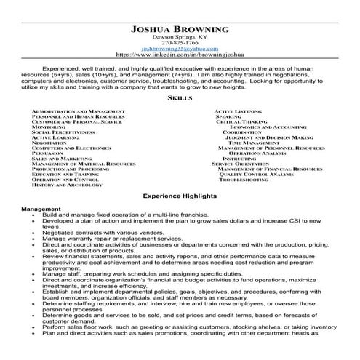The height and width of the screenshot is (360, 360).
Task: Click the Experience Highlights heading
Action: tap(179, 196)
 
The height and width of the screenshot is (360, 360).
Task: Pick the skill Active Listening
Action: tap(238, 111)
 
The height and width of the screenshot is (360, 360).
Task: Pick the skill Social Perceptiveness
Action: tap(65, 132)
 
